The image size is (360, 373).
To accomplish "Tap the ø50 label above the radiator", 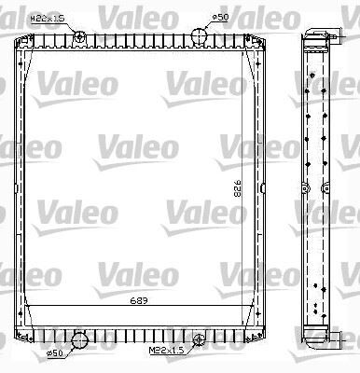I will tap(220, 17).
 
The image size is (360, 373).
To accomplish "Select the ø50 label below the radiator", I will tap(55, 352).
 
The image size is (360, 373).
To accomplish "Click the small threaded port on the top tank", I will tap(79, 36).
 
